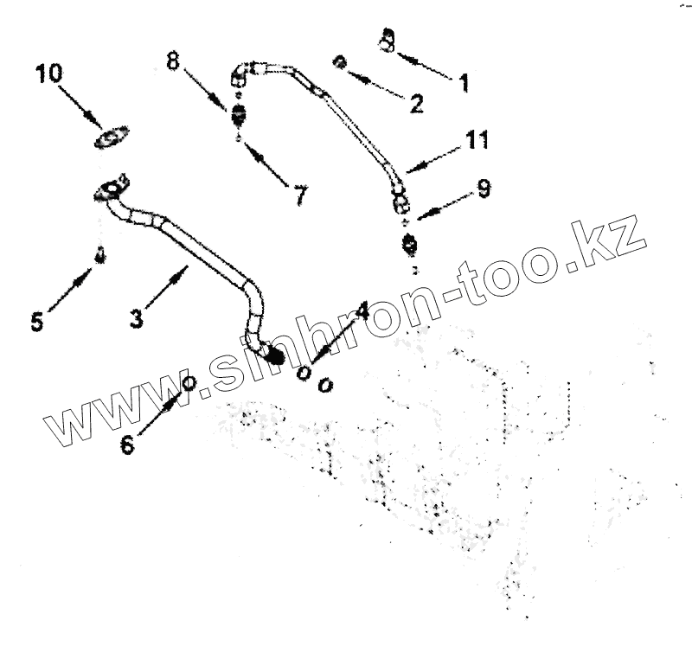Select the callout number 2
(x=416, y=105)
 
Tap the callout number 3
(x=136, y=318)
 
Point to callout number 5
(x=35, y=321)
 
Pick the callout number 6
(x=127, y=445)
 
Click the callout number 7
(x=299, y=196)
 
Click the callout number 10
(x=49, y=74)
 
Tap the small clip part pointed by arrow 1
(x=388, y=38)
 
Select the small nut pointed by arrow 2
(x=341, y=62)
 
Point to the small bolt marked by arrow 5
(x=100, y=256)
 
